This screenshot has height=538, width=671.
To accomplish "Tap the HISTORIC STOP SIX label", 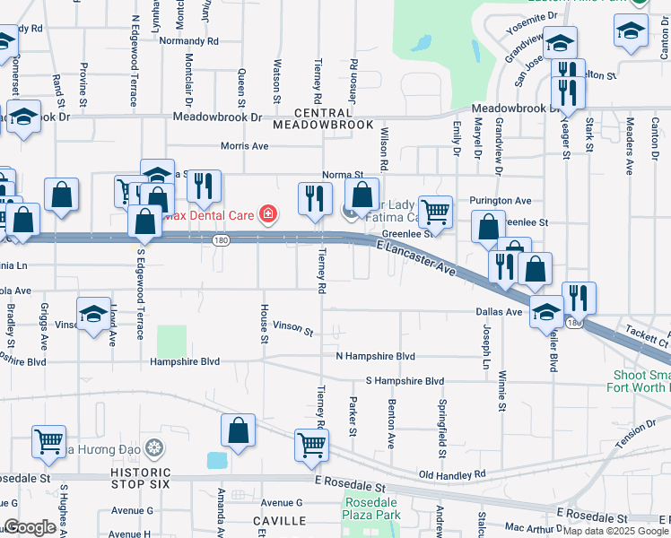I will pyautogui.click(x=140, y=479).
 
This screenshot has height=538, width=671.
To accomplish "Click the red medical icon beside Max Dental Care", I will pyautogui.click(x=266, y=213).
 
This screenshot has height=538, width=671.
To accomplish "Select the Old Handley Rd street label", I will pyautogui.click(x=452, y=473).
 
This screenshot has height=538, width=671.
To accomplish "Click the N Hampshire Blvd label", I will pyautogui.click(x=375, y=356).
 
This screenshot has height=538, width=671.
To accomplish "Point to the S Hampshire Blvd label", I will pyautogui.click(x=404, y=381).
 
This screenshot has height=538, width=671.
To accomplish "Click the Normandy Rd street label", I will pyautogui.click(x=188, y=41).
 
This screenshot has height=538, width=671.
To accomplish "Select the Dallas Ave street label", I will pyautogui.click(x=499, y=312).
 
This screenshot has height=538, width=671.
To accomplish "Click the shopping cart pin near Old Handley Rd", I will pyautogui.click(x=311, y=445).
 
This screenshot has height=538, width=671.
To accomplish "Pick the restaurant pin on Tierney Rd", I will pyautogui.click(x=315, y=198).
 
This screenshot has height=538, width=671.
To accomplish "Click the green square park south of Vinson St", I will pyautogui.click(x=171, y=341).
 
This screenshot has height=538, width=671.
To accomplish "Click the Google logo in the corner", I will pyautogui.click(x=30, y=528).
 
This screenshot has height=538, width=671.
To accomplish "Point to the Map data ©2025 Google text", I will pyautogui.click(x=614, y=531).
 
